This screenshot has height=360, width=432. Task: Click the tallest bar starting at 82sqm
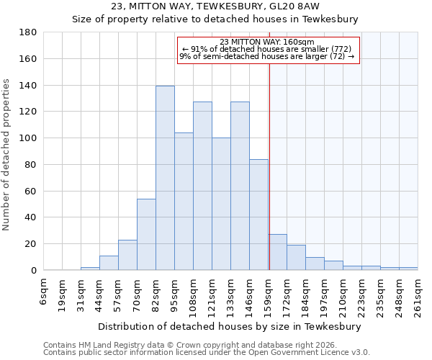[165, 178]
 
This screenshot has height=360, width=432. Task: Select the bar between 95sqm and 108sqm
[184, 202]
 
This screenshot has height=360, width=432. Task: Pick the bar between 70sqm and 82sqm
[146, 234]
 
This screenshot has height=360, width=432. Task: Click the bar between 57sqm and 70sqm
[127, 255]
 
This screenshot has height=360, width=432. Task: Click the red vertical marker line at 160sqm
[269, 166]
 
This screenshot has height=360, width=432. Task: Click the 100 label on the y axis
[29, 138]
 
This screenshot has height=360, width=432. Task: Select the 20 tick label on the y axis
[32, 244]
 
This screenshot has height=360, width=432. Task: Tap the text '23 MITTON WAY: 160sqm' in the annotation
[268, 42]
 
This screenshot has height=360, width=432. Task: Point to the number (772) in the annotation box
[340, 49]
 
